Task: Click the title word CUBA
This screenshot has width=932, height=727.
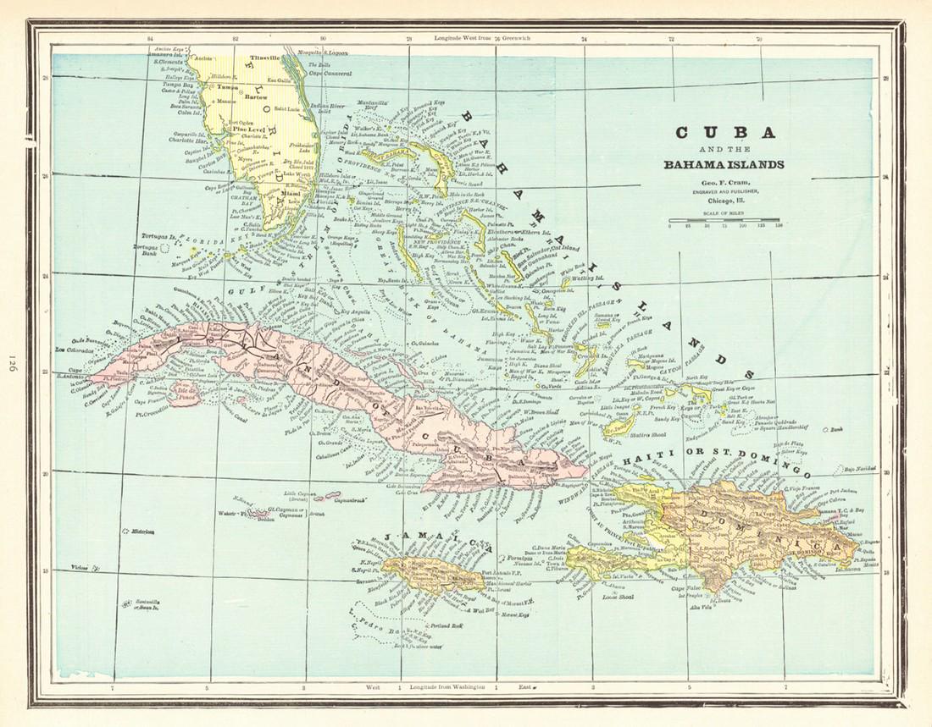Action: [x=724, y=133]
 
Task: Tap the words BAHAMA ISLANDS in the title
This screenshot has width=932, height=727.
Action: [x=724, y=164]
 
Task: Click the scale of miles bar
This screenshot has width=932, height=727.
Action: [x=724, y=220]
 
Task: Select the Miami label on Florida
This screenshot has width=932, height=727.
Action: [x=291, y=193]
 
